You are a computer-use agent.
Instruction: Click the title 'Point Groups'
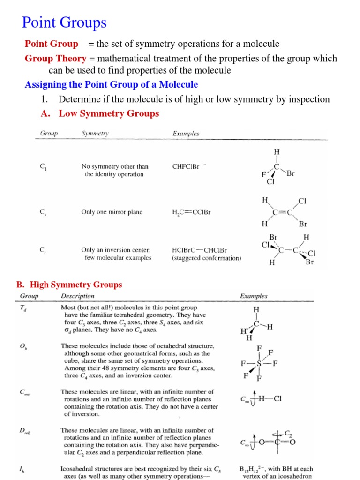(x=65, y=22)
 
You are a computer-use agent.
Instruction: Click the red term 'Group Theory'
(x=55, y=59)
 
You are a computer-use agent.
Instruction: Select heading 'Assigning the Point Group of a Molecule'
(x=111, y=85)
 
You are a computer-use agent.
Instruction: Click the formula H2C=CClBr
(x=191, y=212)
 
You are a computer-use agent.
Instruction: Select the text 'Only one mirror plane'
(x=112, y=212)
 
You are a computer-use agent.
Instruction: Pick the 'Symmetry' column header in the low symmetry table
(x=95, y=134)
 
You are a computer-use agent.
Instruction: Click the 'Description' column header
(x=77, y=296)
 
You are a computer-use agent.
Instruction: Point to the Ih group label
(x=22, y=469)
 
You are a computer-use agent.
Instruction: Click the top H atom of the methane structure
(x=256, y=310)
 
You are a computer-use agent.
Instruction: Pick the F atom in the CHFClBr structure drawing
(x=263, y=175)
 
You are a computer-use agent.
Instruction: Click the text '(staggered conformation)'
(x=206, y=258)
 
